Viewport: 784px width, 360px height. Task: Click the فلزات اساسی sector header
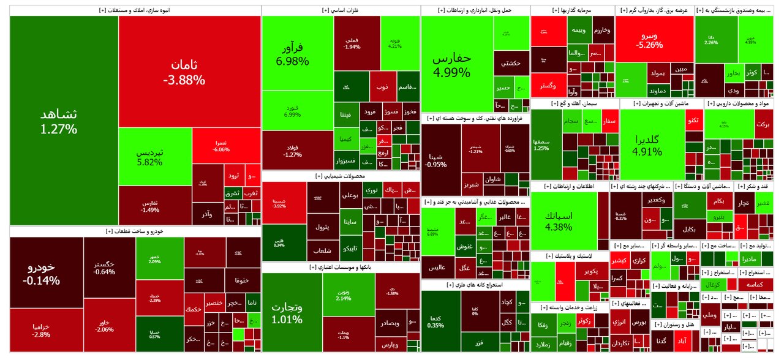click(x=341, y=10)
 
